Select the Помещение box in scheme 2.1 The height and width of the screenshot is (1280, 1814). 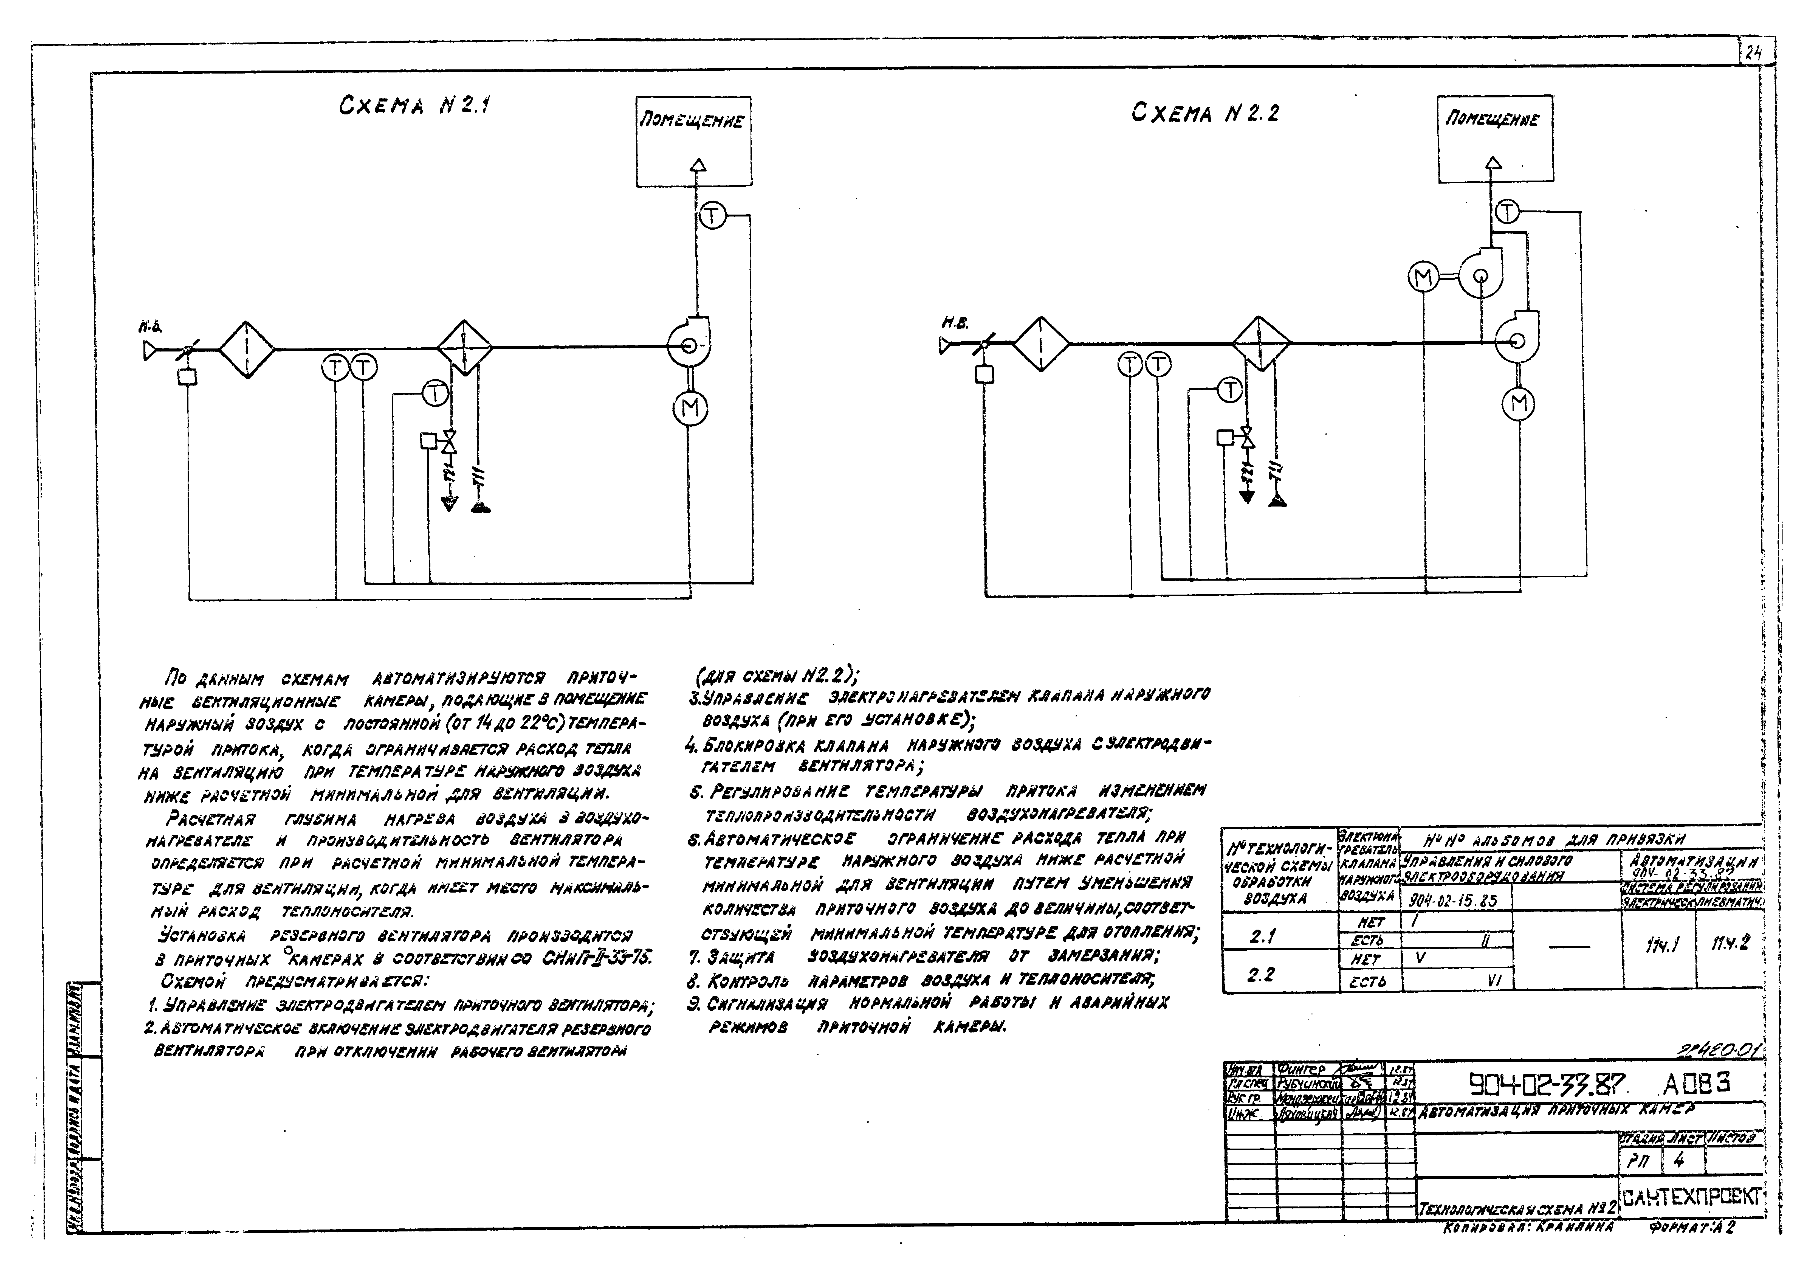[694, 141]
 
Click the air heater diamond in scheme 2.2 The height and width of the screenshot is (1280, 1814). [1262, 344]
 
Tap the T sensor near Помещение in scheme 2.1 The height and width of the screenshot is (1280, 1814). [713, 216]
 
